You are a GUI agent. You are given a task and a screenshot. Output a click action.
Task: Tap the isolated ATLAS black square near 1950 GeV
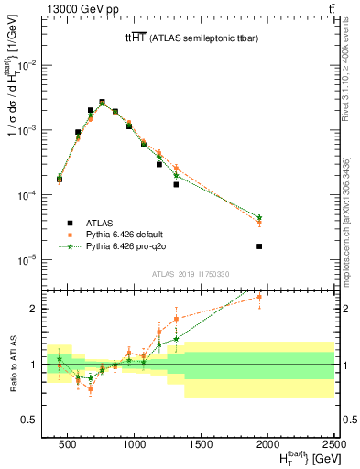point(259,246)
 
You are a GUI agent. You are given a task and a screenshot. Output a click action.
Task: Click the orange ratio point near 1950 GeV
point(259,297)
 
